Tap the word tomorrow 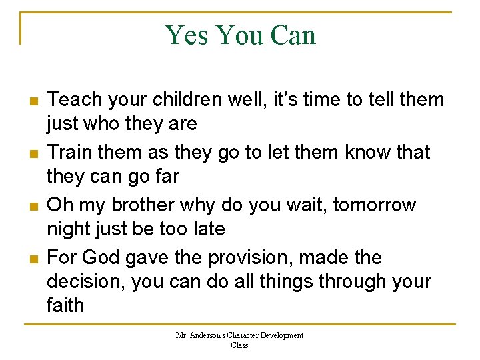(375, 205)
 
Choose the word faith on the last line (65, 305)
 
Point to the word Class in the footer (239, 345)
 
